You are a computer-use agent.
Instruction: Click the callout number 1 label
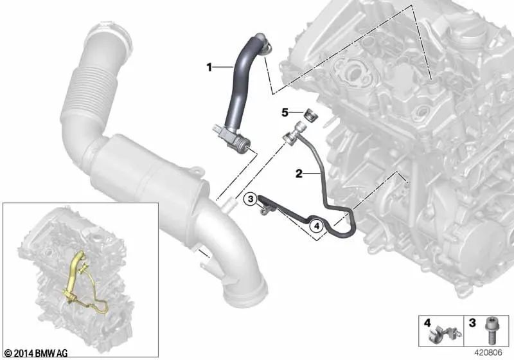click(209, 67)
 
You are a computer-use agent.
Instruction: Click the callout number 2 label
click(299, 173)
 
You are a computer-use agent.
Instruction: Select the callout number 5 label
click(285, 113)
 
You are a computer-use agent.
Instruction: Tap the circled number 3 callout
click(251, 199)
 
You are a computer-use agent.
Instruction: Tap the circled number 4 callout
click(315, 226)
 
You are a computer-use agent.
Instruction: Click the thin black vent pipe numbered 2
click(320, 183)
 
